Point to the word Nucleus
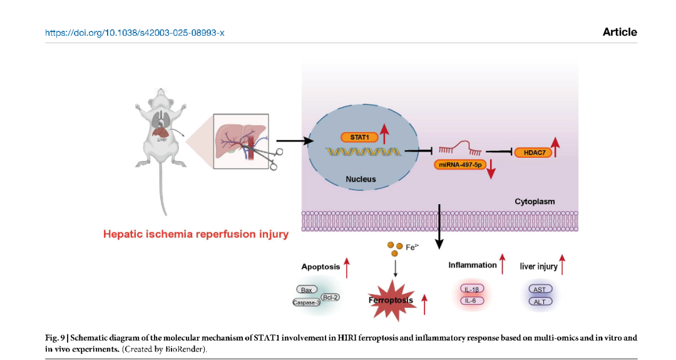pyautogui.click(x=361, y=179)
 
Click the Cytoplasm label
pyautogui.click(x=535, y=202)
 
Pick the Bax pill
pyautogui.click(x=306, y=290)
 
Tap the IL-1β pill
pyautogui.click(x=473, y=289)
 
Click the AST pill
pyautogui.click(x=539, y=289)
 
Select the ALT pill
pyautogui.click(x=539, y=302)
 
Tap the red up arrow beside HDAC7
pyautogui.click(x=555, y=147)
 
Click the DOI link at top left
pyautogui.click(x=135, y=32)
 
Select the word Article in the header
pyautogui.click(x=620, y=32)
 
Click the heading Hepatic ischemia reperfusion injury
pyautogui.click(x=196, y=234)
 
